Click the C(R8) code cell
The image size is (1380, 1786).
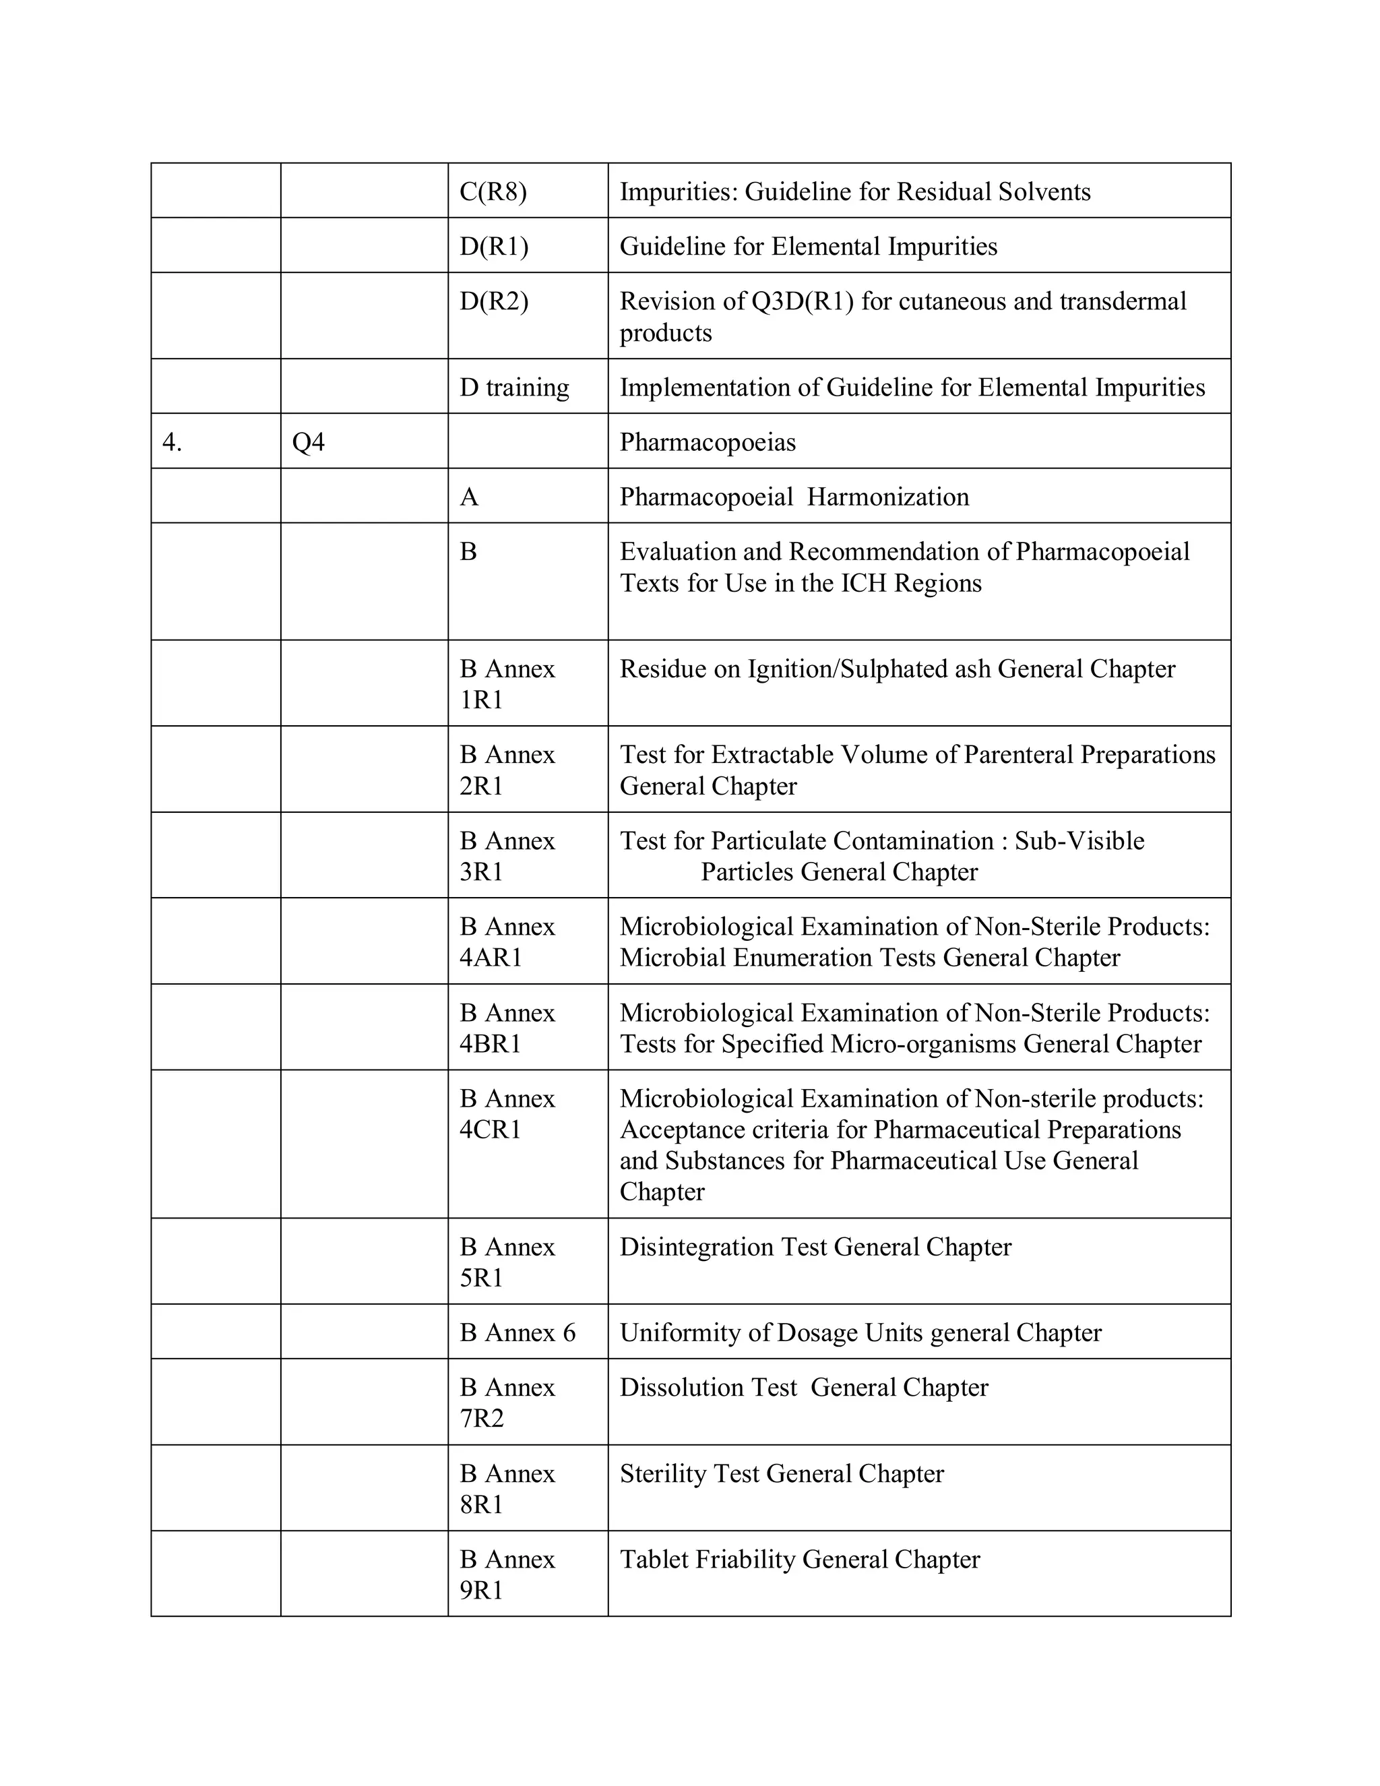tap(493, 191)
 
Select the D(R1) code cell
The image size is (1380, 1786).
tap(494, 246)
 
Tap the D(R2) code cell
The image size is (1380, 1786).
tap(494, 301)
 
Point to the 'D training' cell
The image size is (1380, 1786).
tap(514, 387)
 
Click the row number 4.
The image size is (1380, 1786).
tap(172, 441)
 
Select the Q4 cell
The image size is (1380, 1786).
tap(308, 441)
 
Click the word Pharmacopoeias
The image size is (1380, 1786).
tap(707, 441)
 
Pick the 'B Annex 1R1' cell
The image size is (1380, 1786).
tap(507, 683)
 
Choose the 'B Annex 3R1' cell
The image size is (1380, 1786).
tap(507, 855)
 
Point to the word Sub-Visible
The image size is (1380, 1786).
tap(1079, 840)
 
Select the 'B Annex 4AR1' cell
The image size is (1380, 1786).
tap(507, 942)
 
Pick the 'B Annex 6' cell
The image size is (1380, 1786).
tap(517, 1332)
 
